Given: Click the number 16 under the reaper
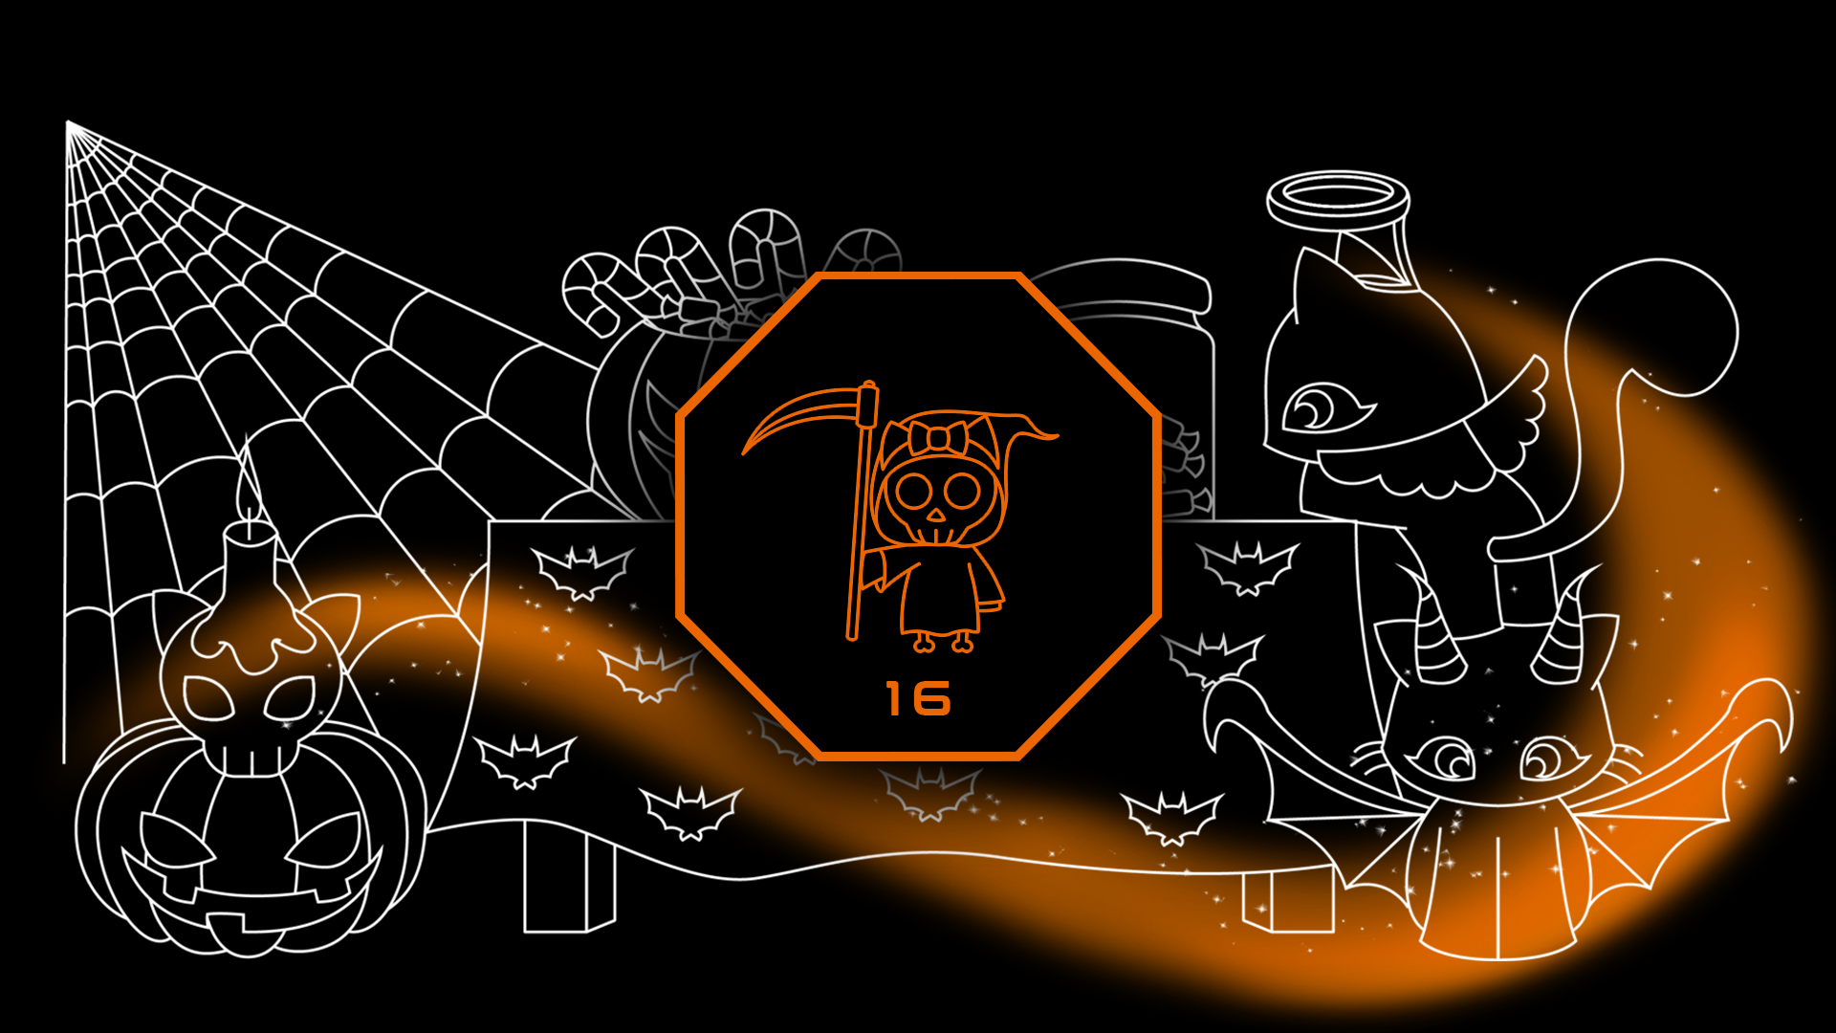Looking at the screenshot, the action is [x=918, y=699].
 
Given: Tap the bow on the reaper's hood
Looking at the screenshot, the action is [x=938, y=438].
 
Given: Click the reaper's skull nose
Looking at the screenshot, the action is [x=936, y=515].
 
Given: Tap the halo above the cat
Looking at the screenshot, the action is [x=1338, y=198].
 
